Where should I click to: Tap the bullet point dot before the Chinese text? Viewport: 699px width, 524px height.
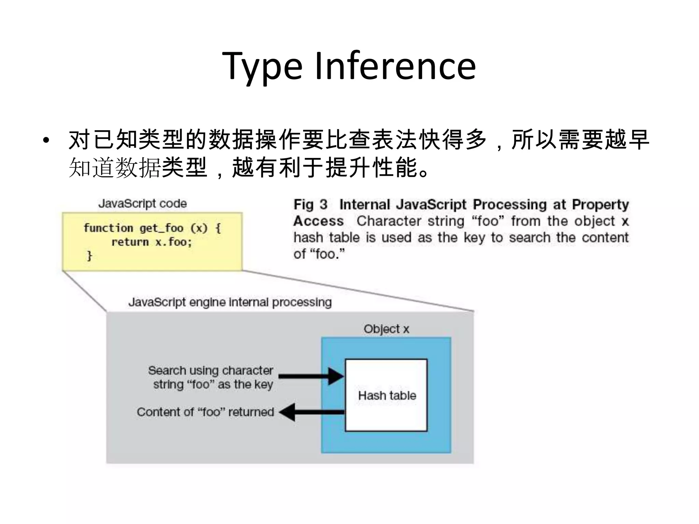point(46,140)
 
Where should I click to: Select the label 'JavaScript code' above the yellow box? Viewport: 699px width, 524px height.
point(142,204)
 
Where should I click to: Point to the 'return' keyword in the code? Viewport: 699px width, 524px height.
point(130,242)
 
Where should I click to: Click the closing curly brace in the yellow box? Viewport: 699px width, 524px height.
point(89,256)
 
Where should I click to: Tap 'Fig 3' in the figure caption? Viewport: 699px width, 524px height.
point(310,205)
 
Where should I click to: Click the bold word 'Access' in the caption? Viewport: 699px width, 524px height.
point(318,221)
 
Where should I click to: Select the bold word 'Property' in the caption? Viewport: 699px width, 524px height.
point(600,205)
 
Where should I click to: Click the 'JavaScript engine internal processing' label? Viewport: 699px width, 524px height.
point(230,302)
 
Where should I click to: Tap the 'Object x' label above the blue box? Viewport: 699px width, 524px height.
point(386,329)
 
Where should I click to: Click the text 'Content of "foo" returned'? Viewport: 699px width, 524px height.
point(205,412)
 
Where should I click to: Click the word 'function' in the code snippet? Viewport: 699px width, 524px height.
point(108,228)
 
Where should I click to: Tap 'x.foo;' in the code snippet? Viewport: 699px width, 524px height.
point(173,242)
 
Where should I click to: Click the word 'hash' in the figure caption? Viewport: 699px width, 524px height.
point(308,237)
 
